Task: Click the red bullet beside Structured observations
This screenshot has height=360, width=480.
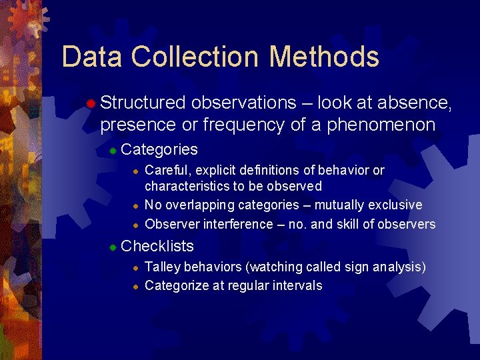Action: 90,103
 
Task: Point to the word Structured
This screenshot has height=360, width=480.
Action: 143,103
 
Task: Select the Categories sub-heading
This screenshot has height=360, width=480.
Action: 160,149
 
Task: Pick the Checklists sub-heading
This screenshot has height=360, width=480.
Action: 158,246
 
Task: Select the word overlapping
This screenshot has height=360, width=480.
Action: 197,205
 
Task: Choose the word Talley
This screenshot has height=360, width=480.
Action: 161,267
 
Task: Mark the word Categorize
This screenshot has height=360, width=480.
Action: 175,286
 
